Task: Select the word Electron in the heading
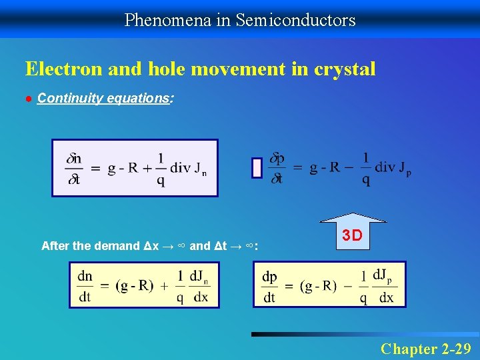pos(59,69)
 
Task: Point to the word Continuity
pos(67,99)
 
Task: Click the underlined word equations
pos(140,99)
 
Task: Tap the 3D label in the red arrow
pos(352,235)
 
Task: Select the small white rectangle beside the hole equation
pos(257,168)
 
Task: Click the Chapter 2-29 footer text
pos(425,348)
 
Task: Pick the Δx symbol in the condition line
pos(151,246)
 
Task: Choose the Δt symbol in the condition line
pos(221,246)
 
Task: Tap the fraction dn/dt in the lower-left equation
pos(85,286)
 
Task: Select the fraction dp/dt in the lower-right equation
pos(270,287)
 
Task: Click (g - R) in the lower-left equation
pos(134,286)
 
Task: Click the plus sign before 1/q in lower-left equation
pos(164,286)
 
